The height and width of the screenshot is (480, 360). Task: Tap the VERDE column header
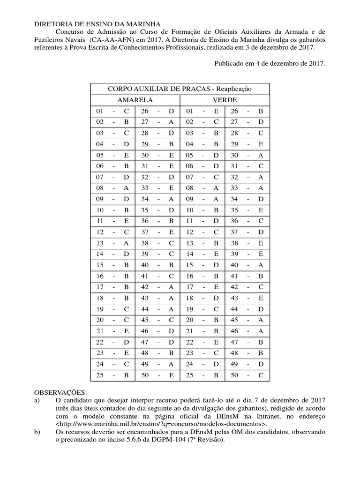point(224,100)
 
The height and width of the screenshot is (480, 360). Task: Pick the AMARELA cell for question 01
point(112,112)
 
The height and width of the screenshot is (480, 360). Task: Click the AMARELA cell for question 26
point(157,112)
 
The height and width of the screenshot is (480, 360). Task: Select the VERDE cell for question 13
point(202,243)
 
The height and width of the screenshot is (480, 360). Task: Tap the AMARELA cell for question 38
point(157,243)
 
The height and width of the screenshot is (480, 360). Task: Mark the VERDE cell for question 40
point(247,265)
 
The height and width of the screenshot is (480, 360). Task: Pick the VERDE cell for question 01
point(202,112)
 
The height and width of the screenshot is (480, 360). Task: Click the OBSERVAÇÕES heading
point(61,392)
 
